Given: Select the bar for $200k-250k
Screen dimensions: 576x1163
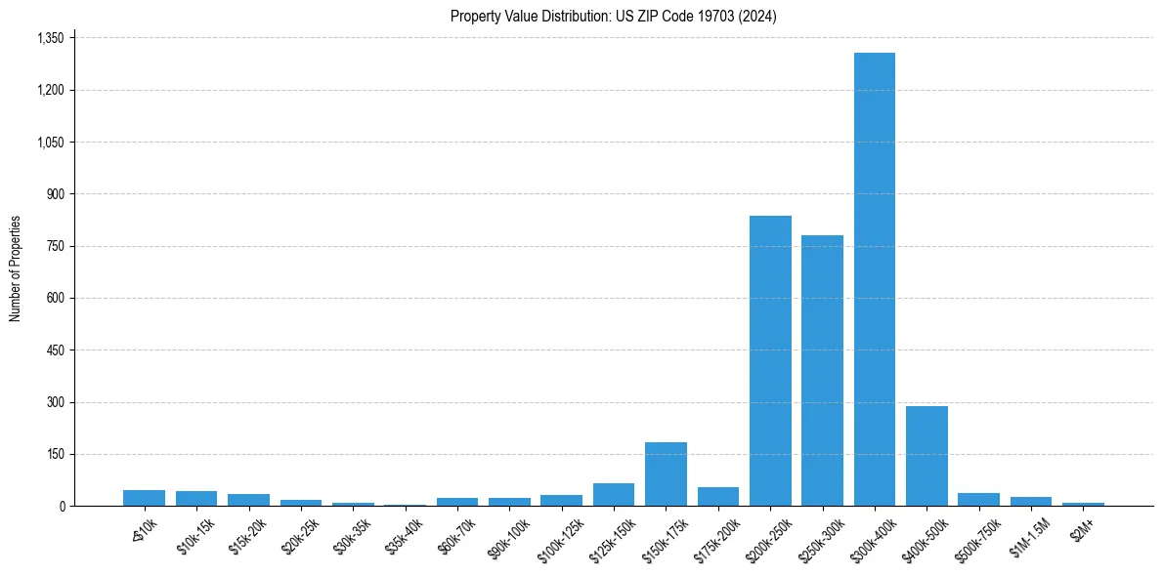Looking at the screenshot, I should [x=770, y=361].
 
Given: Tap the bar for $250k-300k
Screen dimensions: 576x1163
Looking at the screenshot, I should [x=822, y=371].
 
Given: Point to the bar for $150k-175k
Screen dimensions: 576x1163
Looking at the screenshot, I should [x=666, y=474].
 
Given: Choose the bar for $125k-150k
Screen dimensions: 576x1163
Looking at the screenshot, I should [x=614, y=495].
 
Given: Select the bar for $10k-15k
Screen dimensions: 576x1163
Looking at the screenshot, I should [x=196, y=499].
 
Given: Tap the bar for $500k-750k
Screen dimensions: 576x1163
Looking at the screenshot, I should [x=978, y=500].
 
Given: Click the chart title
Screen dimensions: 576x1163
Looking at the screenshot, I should [x=613, y=17].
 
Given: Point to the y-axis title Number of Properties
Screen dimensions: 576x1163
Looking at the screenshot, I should [x=16, y=268].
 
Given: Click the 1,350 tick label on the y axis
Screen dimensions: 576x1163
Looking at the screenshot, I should [x=49, y=38].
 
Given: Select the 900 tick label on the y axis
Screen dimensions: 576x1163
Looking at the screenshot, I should [x=55, y=194].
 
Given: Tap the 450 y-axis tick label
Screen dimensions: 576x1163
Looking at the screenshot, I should [x=55, y=350].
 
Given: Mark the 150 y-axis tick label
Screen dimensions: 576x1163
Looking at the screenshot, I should [x=55, y=454].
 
